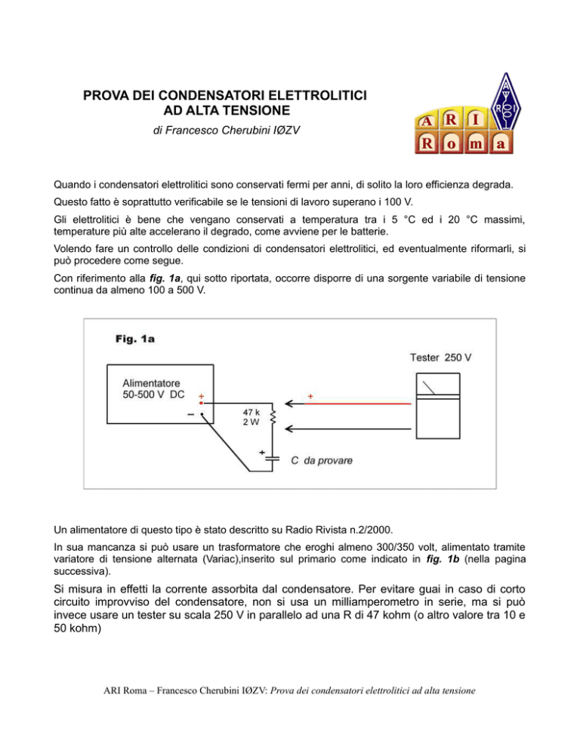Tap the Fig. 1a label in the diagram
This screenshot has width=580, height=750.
(125, 339)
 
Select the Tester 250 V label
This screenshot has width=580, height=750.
(441, 356)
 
